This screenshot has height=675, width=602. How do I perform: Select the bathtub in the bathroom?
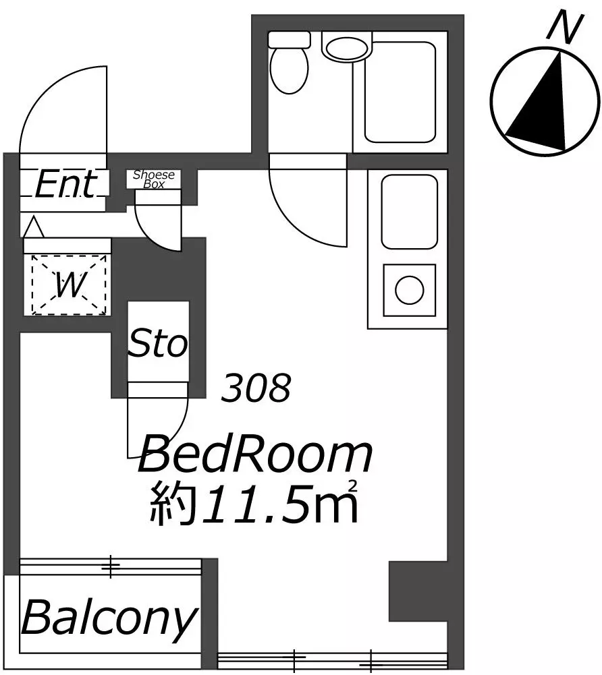click(400, 92)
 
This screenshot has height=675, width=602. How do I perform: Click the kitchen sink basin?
click(410, 212)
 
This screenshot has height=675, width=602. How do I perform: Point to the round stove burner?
click(409, 291)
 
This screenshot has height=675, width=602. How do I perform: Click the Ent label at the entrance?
click(65, 184)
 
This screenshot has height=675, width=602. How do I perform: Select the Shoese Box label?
click(154, 179)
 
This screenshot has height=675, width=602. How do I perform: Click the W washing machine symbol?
click(69, 285)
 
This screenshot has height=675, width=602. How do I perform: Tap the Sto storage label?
click(158, 343)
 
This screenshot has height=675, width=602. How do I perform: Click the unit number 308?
click(256, 388)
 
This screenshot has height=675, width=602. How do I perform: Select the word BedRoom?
click(255, 454)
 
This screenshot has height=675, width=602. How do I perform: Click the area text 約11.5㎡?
click(254, 503)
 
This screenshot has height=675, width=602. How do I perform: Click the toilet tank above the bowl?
click(289, 40)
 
